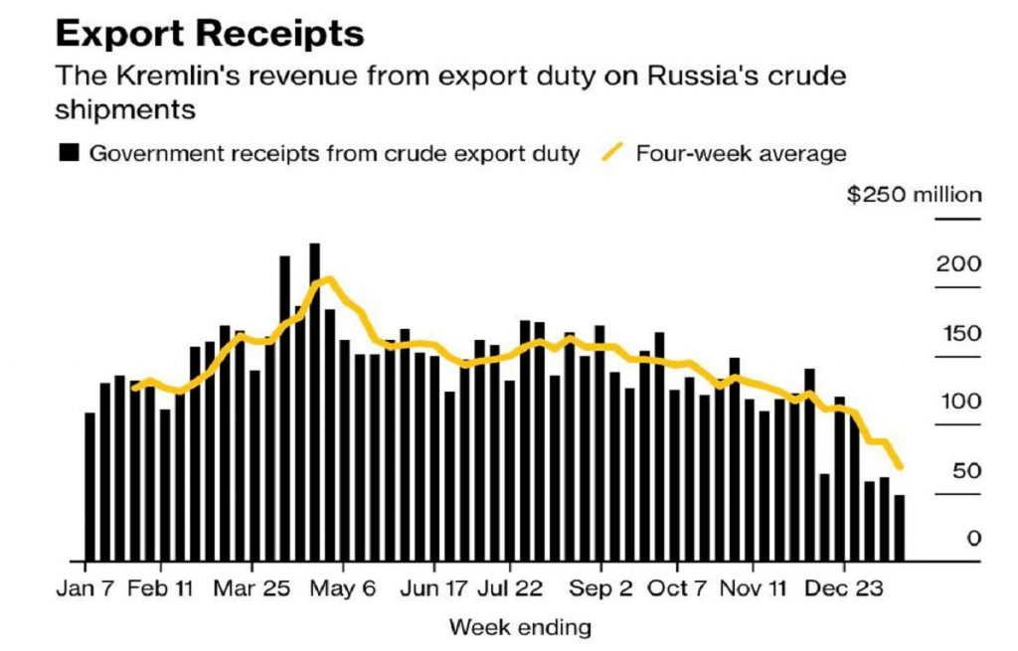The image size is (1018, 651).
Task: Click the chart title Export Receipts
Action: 210,34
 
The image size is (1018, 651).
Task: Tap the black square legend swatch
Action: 69,154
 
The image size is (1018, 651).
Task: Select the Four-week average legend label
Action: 741,154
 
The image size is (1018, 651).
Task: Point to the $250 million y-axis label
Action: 914,194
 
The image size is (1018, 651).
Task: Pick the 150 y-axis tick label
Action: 960,333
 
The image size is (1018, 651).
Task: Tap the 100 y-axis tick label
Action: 960,402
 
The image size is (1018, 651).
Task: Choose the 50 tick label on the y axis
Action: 966,470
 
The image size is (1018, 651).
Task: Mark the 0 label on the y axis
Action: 974,539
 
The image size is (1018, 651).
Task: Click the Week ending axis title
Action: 520,627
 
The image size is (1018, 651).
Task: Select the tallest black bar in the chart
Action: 315,402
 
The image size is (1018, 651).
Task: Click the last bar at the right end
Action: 900,528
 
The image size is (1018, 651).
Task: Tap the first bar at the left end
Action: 90,486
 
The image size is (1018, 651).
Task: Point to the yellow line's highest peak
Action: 326,279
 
